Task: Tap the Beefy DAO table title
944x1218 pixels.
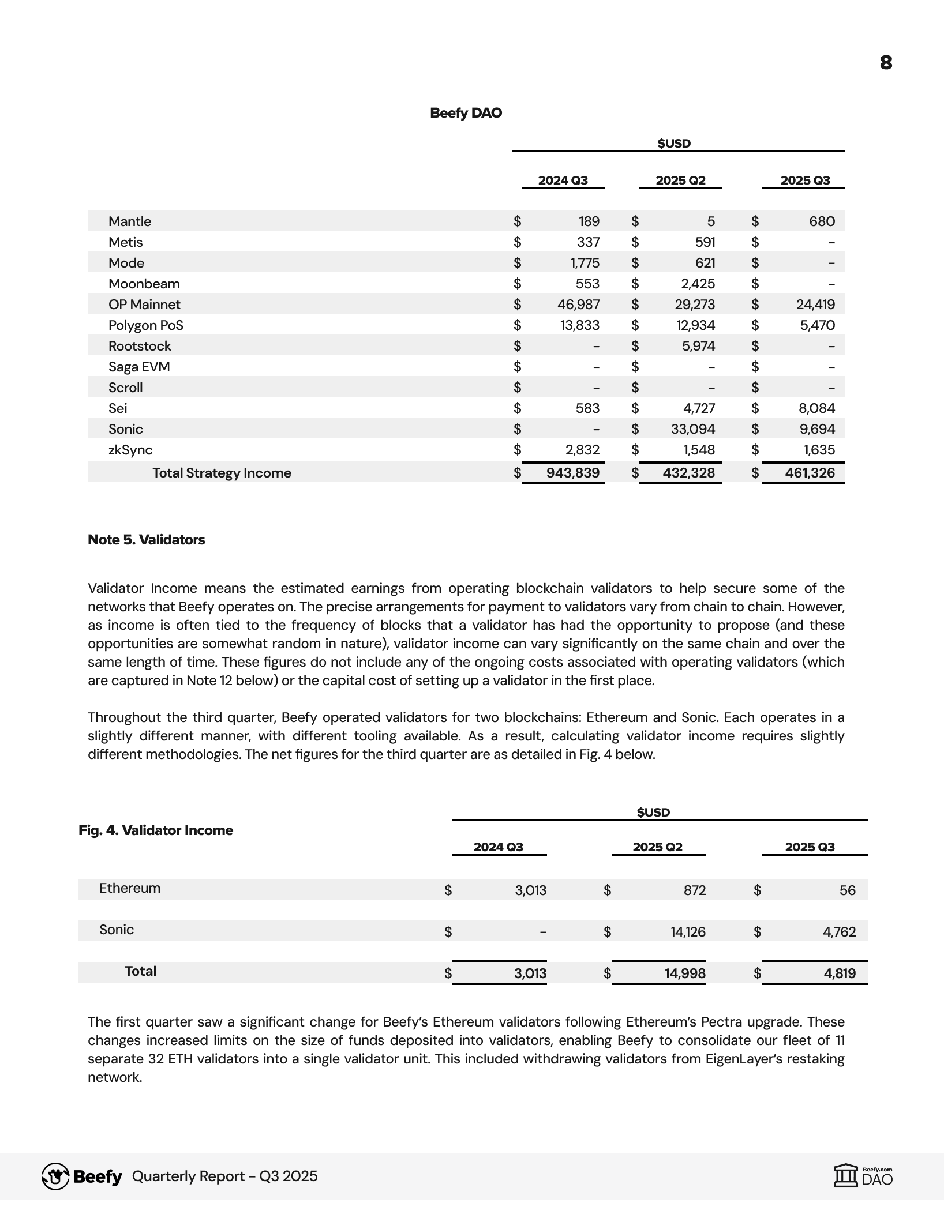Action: point(466,113)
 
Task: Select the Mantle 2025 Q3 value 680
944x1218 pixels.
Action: point(822,221)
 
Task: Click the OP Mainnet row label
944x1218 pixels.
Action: point(144,304)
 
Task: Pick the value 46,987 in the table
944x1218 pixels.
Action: point(578,304)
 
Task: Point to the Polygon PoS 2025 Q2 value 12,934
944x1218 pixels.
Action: point(695,325)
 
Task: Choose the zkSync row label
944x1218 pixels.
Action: point(130,450)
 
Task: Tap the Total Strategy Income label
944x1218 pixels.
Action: point(222,473)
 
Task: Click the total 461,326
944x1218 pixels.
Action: point(810,473)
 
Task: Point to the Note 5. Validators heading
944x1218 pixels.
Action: point(146,540)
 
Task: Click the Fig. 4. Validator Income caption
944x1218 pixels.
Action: point(156,830)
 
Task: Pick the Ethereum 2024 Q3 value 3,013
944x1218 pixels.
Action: point(530,890)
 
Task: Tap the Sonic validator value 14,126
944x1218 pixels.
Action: point(688,932)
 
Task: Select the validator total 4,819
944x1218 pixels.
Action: point(840,973)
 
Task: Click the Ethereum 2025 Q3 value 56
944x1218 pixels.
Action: point(847,890)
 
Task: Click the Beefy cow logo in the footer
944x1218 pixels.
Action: point(55,1176)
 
